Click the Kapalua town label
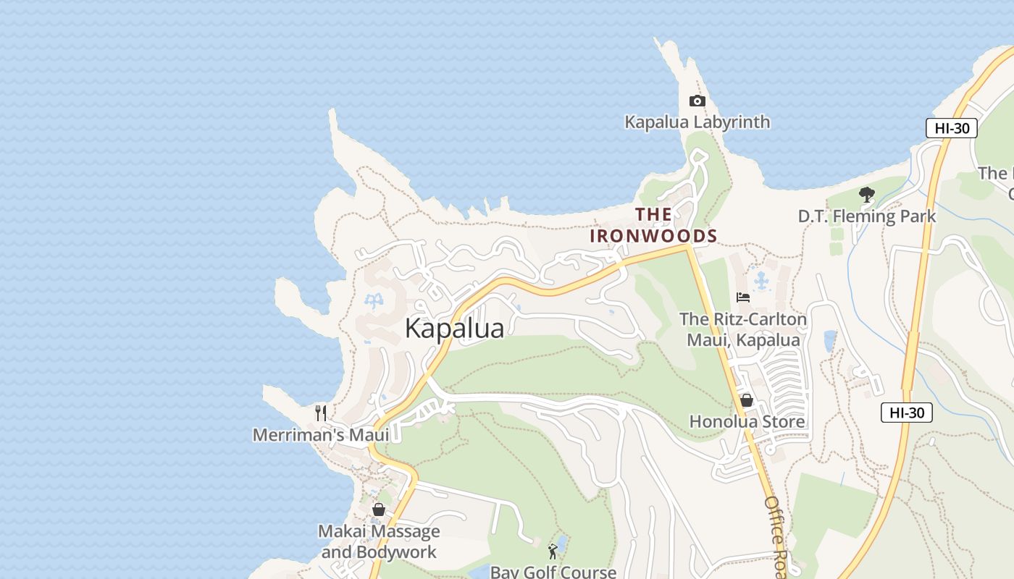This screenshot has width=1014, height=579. [454, 328]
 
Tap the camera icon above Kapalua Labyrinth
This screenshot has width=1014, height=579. [697, 101]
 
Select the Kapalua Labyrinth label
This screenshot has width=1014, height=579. [697, 122]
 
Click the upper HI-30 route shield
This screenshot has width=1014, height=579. [951, 128]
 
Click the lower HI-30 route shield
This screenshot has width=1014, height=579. [906, 413]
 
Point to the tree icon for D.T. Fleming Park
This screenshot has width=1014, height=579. [866, 194]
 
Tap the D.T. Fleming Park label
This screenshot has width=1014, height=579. [866, 216]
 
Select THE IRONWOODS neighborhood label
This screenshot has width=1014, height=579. [653, 225]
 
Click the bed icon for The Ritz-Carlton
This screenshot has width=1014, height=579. [743, 297]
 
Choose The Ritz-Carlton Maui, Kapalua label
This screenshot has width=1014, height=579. [743, 329]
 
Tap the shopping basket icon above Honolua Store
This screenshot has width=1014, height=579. [747, 400]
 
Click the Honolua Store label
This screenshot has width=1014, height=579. [747, 421]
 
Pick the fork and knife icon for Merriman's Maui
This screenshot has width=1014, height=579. [321, 413]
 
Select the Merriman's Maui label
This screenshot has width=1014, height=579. [321, 435]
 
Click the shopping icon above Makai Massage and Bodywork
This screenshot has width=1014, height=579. [378, 510]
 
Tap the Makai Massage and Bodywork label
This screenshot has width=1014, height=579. [379, 541]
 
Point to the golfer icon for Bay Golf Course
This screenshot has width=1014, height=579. [553, 551]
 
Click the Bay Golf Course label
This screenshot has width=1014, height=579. [553, 572]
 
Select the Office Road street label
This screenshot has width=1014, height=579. [776, 536]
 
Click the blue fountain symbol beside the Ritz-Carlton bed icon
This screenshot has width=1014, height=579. [761, 279]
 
